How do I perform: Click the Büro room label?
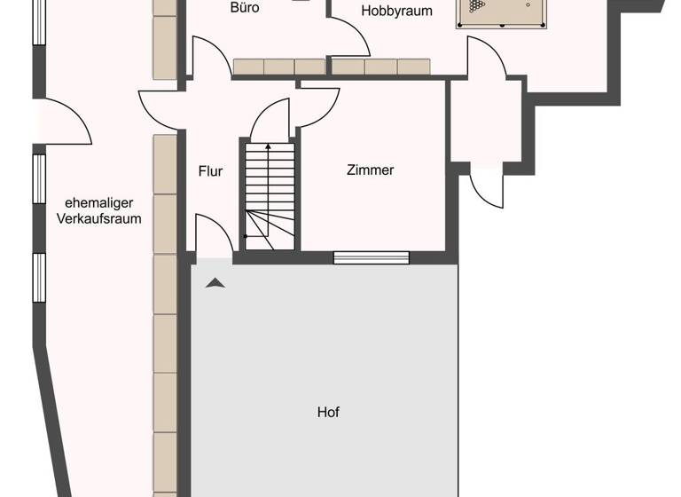(245, 8)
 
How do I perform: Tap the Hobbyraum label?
(396, 12)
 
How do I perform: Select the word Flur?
(210, 172)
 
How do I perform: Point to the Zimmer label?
(370, 170)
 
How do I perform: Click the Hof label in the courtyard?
(328, 412)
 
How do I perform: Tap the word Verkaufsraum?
(99, 218)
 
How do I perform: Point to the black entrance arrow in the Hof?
(215, 283)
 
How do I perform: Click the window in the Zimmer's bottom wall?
(372, 258)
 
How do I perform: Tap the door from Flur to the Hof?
(213, 238)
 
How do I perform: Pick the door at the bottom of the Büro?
(211, 59)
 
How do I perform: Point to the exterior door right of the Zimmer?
(487, 185)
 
